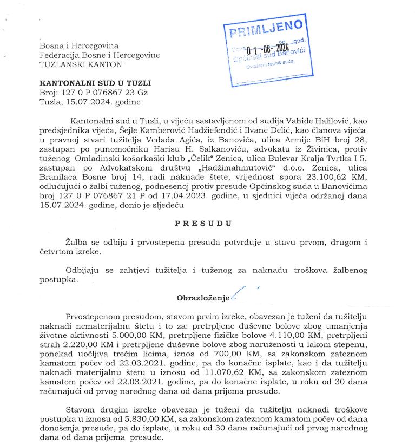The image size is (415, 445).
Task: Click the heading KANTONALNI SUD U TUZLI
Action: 95,83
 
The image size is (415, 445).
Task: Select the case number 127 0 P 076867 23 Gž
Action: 102,93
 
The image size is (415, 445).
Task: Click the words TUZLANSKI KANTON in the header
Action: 81,64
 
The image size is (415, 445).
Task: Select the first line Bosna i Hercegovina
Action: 79,46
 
